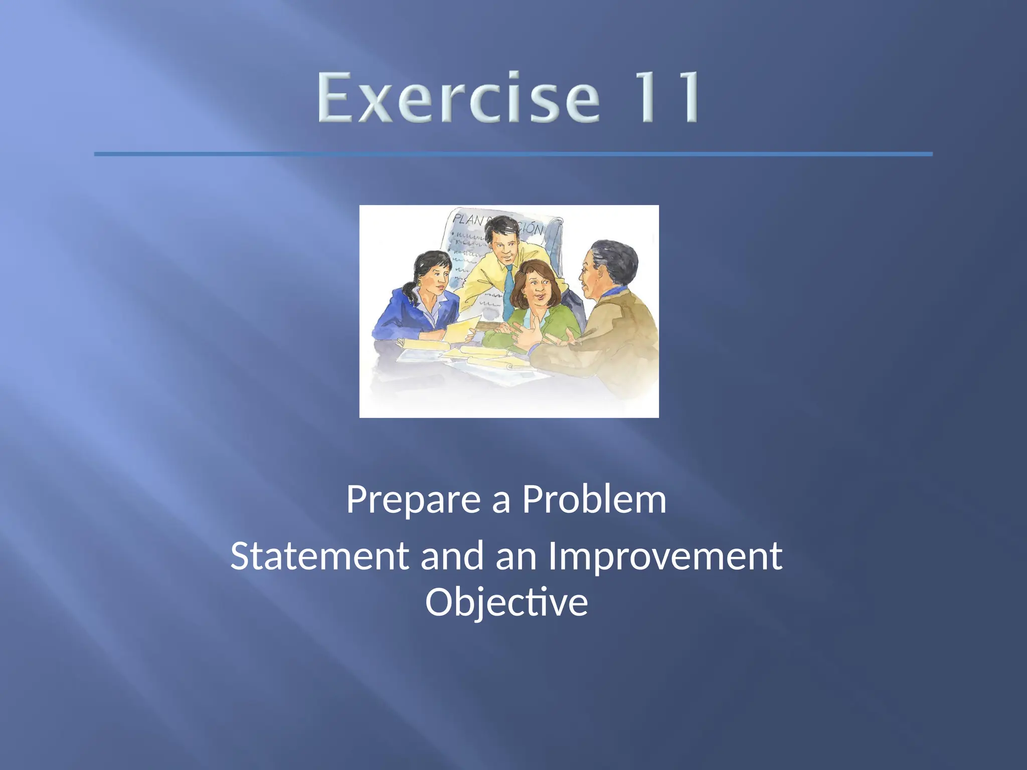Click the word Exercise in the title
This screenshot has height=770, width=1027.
click(x=458, y=98)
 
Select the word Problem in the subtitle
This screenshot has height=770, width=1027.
click(x=594, y=500)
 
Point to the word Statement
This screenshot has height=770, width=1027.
click(x=319, y=556)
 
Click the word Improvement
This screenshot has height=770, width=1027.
click(x=664, y=556)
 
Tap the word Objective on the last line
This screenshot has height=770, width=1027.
click(x=506, y=603)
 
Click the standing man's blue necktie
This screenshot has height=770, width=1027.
click(x=508, y=291)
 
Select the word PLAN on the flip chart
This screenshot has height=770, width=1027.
click(x=468, y=220)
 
